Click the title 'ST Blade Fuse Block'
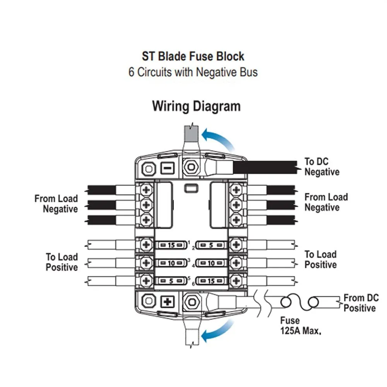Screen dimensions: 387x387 pyautogui.click(x=193, y=57)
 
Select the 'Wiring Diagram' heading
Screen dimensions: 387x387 pyautogui.click(x=196, y=106)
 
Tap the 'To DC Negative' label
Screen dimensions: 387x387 pyautogui.click(x=322, y=167)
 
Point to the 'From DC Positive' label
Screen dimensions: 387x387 pyautogui.click(x=361, y=303)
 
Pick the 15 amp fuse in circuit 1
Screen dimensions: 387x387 pyautogui.click(x=171, y=245)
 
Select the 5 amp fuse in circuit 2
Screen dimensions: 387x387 pyautogui.click(x=211, y=245)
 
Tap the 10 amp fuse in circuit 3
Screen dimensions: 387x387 pyautogui.click(x=171, y=263)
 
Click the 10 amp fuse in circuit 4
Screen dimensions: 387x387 pyautogui.click(x=211, y=263)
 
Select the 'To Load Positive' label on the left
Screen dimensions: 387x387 pyautogui.click(x=62, y=262)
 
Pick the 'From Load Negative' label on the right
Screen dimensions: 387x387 pyautogui.click(x=326, y=202)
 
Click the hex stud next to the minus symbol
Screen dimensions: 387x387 pyautogui.click(x=190, y=168)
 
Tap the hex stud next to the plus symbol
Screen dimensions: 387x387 pyautogui.click(x=191, y=301)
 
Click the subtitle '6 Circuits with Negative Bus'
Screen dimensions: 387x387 pyautogui.click(x=193, y=72)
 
